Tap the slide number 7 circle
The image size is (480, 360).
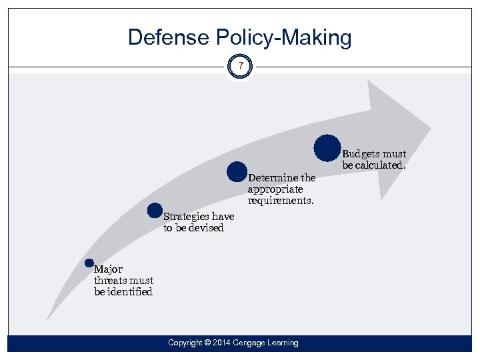pyautogui.click(x=240, y=67)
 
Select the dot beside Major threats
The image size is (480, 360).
pyautogui.click(x=89, y=263)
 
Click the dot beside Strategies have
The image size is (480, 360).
pyautogui.click(x=155, y=211)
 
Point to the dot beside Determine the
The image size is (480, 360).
pyautogui.click(x=237, y=172)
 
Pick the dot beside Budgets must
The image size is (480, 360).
pyautogui.click(x=327, y=148)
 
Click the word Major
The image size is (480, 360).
pyautogui.click(x=108, y=270)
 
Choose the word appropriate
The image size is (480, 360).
pyautogui.click(x=275, y=189)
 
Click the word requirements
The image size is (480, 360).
pyautogui.click(x=280, y=201)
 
